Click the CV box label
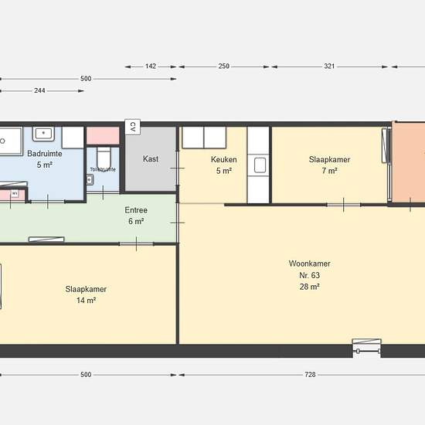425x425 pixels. coord(133,127)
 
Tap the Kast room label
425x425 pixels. coord(151,158)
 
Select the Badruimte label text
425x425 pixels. coord(45,154)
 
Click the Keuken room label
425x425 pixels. coord(224,159)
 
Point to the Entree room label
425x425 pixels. coord(136,210)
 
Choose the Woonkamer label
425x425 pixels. coord(310,263)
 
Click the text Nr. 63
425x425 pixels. coord(310,275)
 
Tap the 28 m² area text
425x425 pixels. coord(310,287)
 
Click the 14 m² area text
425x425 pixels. coord(86,301)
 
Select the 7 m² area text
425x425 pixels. coord(330,171)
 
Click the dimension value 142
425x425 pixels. coord(151,66)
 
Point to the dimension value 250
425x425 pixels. coord(224,66)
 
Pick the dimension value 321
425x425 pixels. coord(329,66)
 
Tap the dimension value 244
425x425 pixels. coord(39,90)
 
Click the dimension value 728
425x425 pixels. coord(310,375)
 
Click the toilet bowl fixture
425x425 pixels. coord(104,158)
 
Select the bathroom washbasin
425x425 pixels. coord(43,134)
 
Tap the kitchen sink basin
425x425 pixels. coord(260,165)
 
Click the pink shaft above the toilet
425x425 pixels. coord(103,135)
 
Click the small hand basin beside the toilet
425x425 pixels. coord(90,180)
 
